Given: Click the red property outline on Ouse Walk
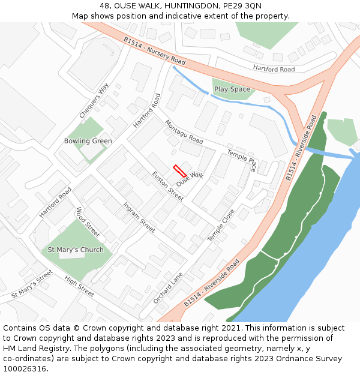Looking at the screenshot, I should click(179, 170).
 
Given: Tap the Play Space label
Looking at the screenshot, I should click(232, 89).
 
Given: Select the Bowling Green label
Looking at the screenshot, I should click(88, 141).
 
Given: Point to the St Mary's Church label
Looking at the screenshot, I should click(76, 250).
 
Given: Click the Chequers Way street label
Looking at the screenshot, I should click(94, 101).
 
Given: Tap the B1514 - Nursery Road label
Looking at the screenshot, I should click(155, 50).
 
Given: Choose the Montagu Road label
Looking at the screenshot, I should click(184, 131).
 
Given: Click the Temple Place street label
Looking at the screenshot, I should click(241, 161).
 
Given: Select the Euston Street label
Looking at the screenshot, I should click(167, 186).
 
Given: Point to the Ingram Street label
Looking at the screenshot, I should click(139, 217).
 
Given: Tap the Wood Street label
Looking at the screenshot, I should click(88, 222).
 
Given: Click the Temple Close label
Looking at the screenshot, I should click(221, 226).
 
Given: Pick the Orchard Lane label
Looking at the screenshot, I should click(167, 287).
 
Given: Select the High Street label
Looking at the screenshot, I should click(79, 287).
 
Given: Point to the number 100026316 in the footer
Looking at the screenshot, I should click(26, 369).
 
